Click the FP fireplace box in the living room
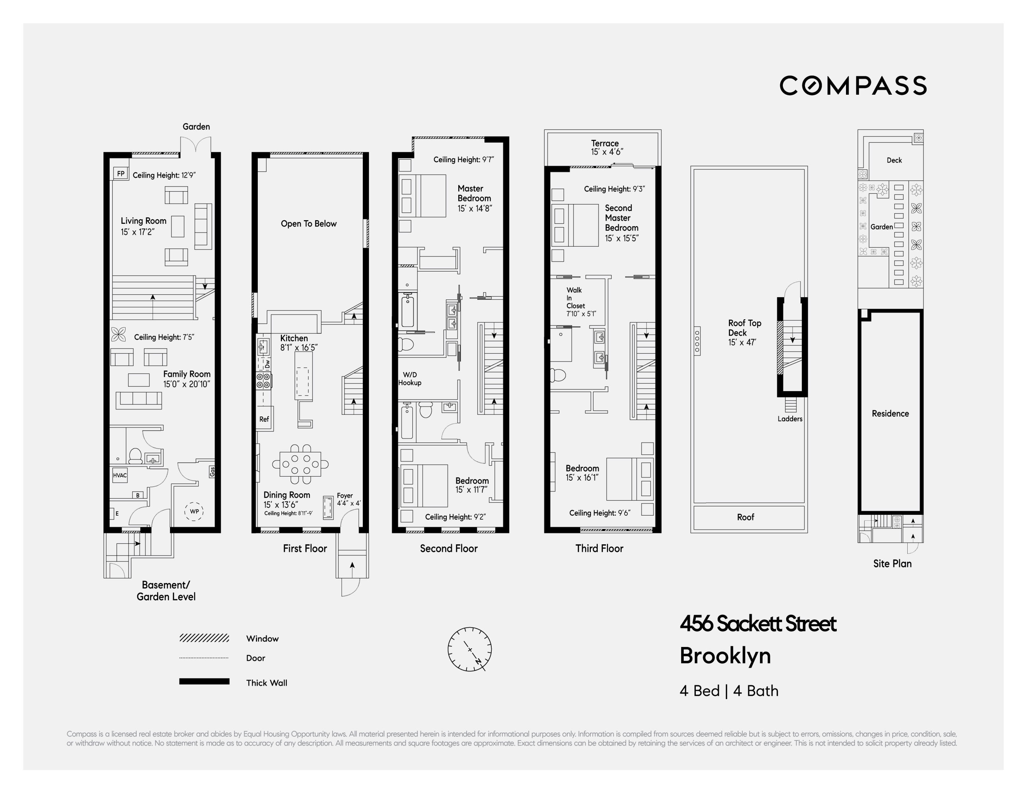click(121, 174)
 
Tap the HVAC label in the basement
click(119, 475)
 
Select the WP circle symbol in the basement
click(194, 512)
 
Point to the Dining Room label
click(286, 495)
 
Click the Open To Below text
click(308, 224)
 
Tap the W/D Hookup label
click(409, 378)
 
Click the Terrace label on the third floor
click(605, 143)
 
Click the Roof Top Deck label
click(744, 328)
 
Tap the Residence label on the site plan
click(890, 414)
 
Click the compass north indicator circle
click(470, 649)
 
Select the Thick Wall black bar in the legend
click(204, 681)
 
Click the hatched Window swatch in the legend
click(204, 638)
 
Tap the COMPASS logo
click(853, 86)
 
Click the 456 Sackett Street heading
click(758, 624)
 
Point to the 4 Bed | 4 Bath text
click(729, 691)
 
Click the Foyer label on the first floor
click(345, 495)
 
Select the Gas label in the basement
click(212, 471)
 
